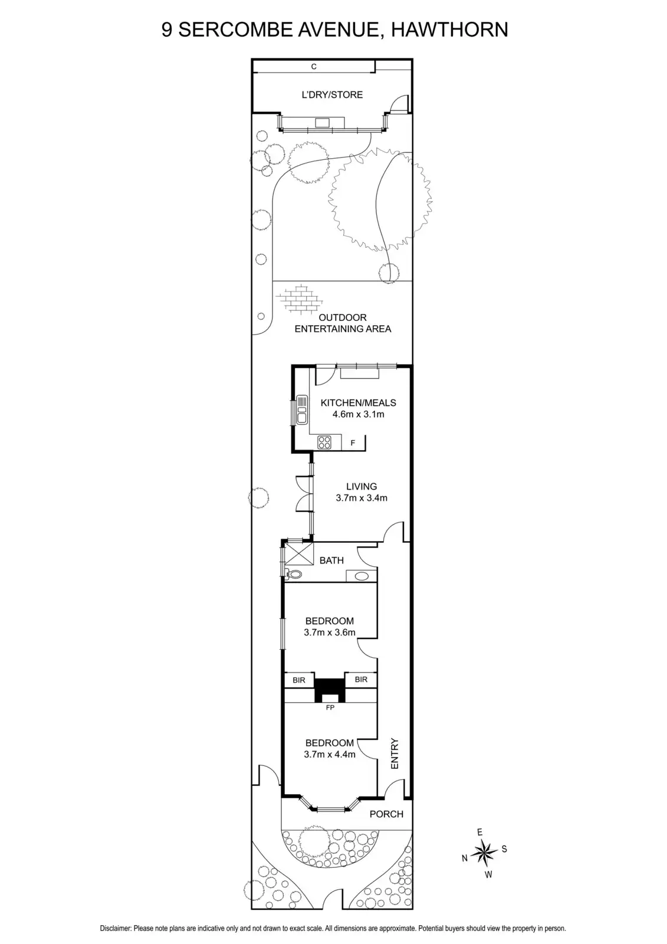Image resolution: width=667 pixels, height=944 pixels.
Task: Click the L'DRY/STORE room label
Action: point(332,94)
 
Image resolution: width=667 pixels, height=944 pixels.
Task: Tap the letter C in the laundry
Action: point(314,67)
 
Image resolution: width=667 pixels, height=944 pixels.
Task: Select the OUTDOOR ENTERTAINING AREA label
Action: point(343,323)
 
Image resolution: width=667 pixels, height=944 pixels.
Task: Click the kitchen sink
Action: point(301,408)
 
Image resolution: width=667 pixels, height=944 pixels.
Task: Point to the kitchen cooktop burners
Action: point(325,442)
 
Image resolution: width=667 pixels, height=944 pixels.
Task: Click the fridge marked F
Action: point(353,442)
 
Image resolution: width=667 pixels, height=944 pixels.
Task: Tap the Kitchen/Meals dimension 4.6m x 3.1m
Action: point(358,414)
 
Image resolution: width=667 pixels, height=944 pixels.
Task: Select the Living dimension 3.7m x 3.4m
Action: point(361,498)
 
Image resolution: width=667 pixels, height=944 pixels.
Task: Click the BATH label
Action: point(331,560)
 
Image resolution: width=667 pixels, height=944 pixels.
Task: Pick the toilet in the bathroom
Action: point(294,574)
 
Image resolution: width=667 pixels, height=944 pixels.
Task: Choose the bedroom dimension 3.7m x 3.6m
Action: point(329,632)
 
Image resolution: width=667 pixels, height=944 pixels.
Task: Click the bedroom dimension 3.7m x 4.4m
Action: point(329,754)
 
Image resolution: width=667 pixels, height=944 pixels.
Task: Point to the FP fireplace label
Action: point(330,707)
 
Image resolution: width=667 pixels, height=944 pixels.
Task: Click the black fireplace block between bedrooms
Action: point(330,689)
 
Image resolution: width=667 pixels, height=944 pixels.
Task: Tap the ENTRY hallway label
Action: point(395,753)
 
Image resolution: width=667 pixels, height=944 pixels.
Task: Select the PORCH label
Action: point(386,814)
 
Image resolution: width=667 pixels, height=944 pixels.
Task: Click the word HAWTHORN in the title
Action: point(449,29)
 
